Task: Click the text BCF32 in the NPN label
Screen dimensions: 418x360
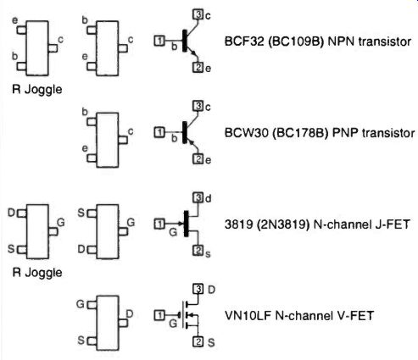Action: point(244,42)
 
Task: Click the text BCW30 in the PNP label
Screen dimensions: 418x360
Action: point(246,133)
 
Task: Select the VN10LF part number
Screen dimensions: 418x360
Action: point(248,315)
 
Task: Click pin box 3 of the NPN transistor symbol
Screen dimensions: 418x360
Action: point(198,14)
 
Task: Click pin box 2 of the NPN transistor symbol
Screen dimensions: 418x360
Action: point(198,67)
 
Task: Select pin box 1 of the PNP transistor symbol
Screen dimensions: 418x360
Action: point(159,132)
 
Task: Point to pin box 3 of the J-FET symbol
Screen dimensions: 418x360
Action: point(198,197)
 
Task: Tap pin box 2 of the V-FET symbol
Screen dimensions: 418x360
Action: point(198,341)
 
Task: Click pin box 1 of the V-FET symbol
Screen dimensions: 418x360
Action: point(159,315)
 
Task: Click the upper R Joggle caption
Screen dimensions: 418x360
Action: point(37,90)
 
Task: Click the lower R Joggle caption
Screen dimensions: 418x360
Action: point(37,273)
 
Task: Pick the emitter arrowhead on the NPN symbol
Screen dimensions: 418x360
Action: point(193,53)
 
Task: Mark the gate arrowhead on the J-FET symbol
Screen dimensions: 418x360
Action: point(181,224)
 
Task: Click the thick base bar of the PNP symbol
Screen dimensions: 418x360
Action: point(185,132)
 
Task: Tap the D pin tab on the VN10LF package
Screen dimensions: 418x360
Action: point(123,323)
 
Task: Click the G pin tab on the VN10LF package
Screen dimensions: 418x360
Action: point(92,305)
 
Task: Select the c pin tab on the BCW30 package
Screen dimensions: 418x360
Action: point(123,140)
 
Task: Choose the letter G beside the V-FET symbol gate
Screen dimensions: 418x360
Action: point(173,324)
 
